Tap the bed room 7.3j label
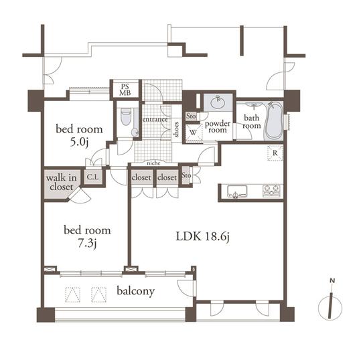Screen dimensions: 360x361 point(87,236)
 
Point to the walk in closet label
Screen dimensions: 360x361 point(61,182)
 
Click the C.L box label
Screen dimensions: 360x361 point(94,178)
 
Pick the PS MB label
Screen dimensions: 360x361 point(125,89)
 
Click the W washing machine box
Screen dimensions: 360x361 point(192,131)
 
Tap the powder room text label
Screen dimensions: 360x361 point(218,127)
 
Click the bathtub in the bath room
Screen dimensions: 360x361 point(273,120)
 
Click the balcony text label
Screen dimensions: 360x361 point(136,291)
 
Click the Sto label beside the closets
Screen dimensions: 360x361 point(186,177)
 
